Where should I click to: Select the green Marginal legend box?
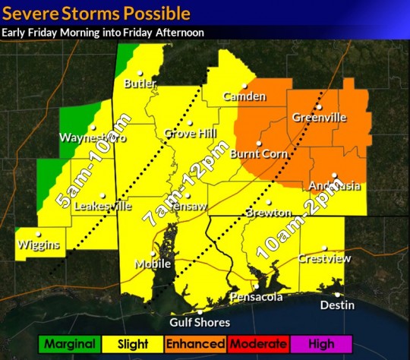(x=69, y=344)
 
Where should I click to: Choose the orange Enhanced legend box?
(x=195, y=344)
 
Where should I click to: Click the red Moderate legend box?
(x=258, y=344)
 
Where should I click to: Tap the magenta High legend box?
(x=321, y=344)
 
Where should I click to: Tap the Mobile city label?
(x=153, y=264)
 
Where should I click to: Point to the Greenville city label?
(x=320, y=118)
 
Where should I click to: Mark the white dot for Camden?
(x=244, y=86)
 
